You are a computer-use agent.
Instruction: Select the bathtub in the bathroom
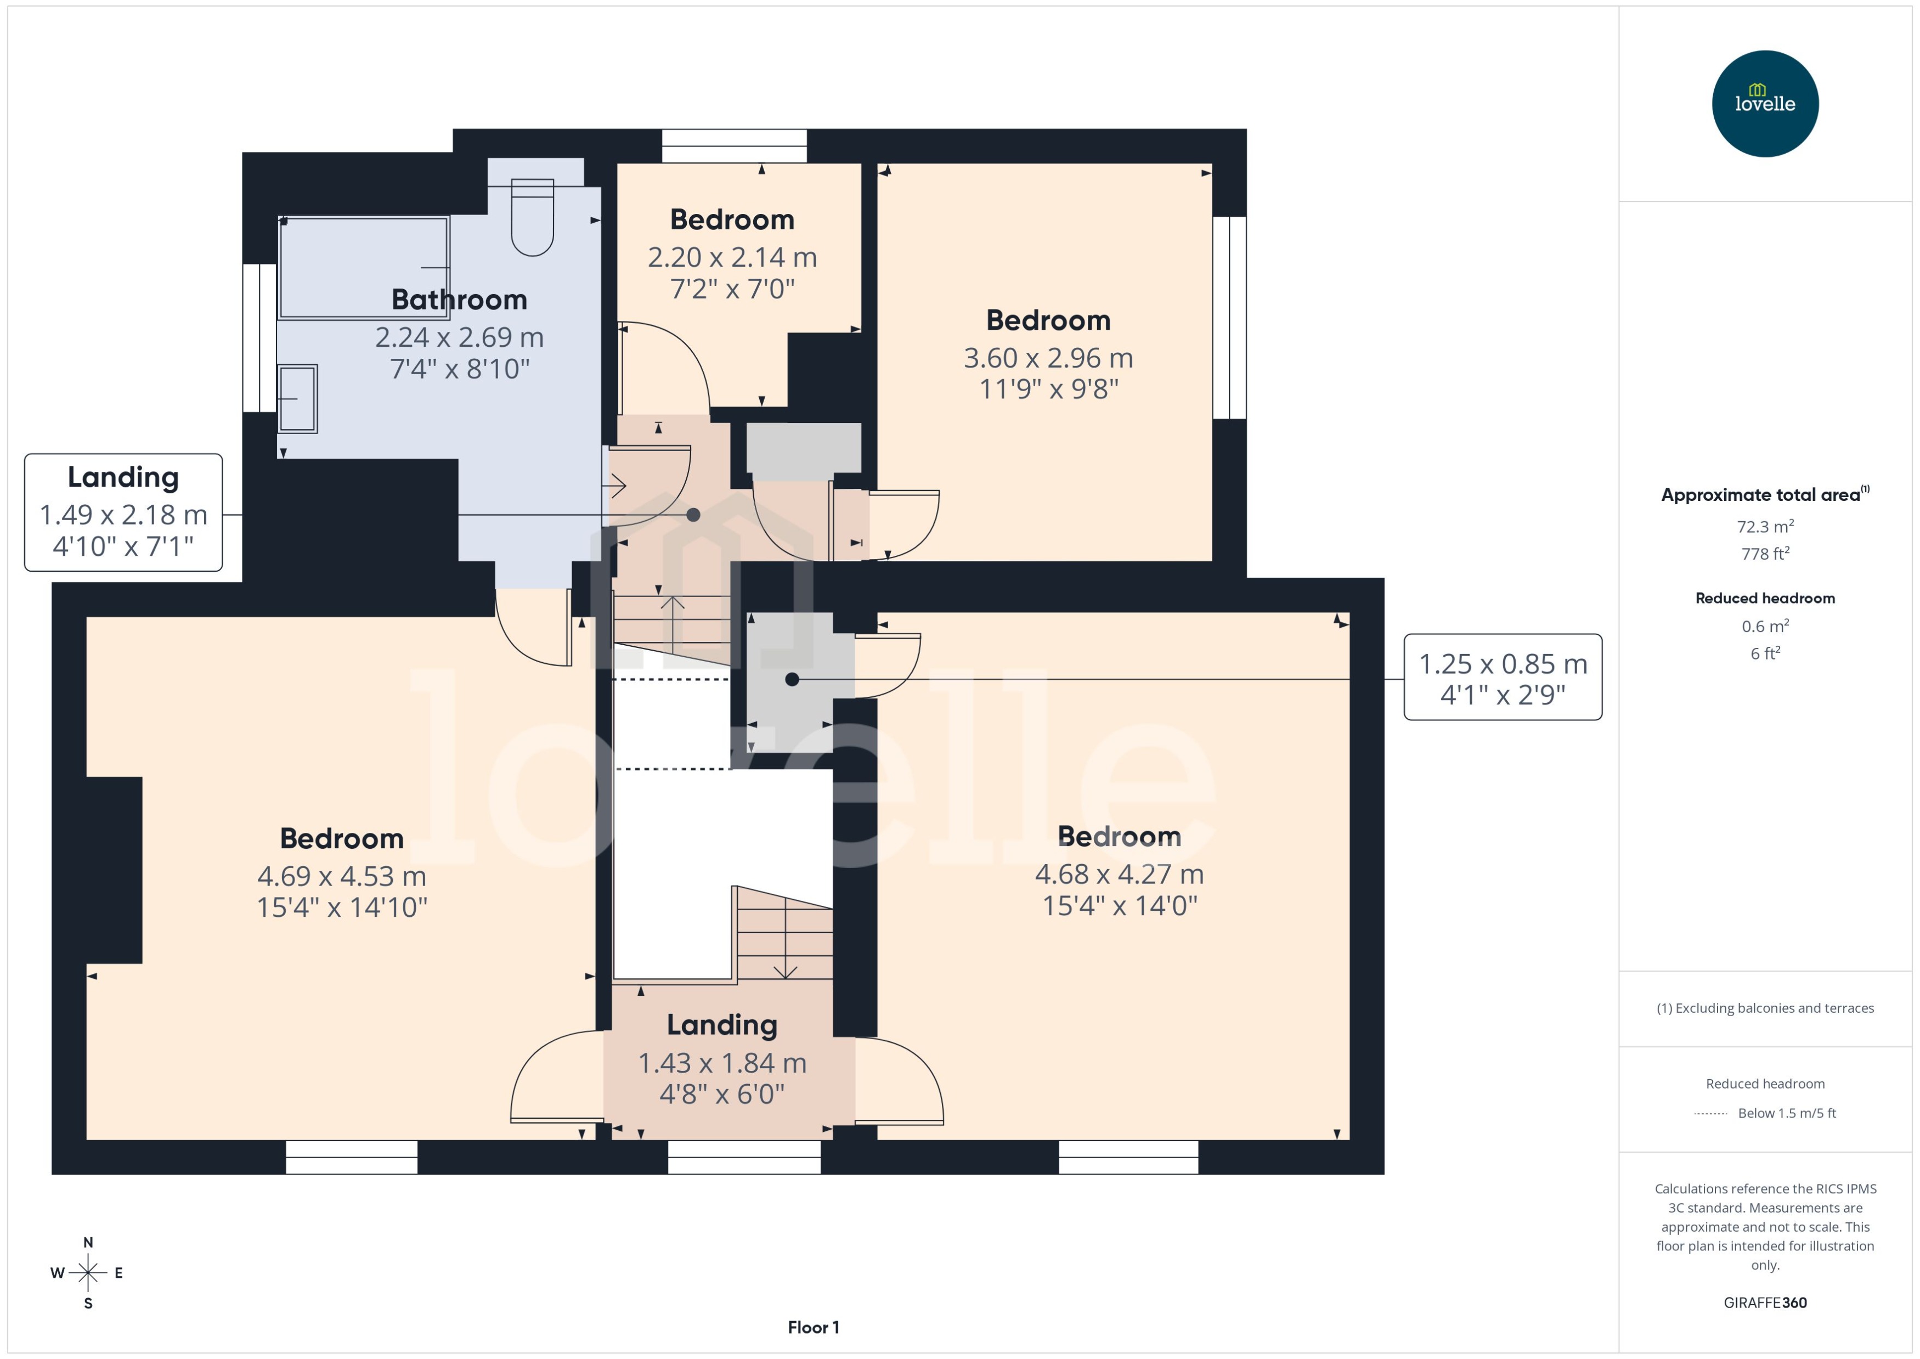pyautogui.click(x=363, y=268)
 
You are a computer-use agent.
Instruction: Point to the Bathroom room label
pyautogui.click(x=459, y=300)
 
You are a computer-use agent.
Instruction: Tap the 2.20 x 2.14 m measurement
pyautogui.click(x=732, y=257)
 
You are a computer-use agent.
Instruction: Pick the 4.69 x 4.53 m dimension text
pyautogui.click(x=341, y=876)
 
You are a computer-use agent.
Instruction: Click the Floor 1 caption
pyautogui.click(x=812, y=1327)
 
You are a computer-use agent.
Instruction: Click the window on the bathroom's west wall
pyautogui.click(x=259, y=338)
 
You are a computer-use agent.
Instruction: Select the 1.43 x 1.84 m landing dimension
pyautogui.click(x=722, y=1063)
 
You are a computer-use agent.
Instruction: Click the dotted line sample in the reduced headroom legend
pyautogui.click(x=1710, y=1114)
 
